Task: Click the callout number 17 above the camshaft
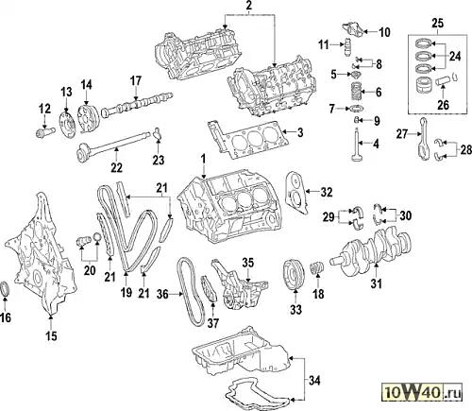(136, 81)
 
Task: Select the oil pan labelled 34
(243, 352)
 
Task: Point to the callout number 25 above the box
(437, 24)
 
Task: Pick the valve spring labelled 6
(356, 92)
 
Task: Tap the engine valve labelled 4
(357, 145)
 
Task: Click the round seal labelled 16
(6, 288)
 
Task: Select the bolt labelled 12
(45, 131)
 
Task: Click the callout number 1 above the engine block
(204, 159)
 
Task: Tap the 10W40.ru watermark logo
(423, 392)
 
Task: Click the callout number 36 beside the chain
(163, 294)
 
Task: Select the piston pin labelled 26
(443, 82)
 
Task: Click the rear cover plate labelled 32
(296, 193)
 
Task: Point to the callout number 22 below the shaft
(116, 167)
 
